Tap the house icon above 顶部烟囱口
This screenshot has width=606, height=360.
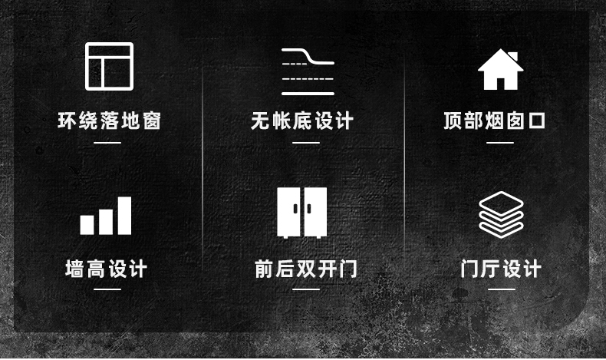[x=500, y=70]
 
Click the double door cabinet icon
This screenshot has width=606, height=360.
[x=301, y=213]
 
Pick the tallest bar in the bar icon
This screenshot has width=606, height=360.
[x=124, y=216]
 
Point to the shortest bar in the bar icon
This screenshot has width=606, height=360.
[x=87, y=225]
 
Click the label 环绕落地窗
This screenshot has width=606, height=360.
[x=110, y=121]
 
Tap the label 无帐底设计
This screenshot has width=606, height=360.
[x=302, y=121]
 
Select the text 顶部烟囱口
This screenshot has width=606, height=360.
[x=494, y=121]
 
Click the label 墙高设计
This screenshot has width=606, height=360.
[x=107, y=269]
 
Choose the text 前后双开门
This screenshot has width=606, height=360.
[x=306, y=269]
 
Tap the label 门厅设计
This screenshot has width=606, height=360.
[x=501, y=269]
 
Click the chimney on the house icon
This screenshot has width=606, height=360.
[x=513, y=57]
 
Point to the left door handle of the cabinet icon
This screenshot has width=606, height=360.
[x=295, y=209]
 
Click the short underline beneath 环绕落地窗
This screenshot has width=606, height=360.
[x=107, y=143]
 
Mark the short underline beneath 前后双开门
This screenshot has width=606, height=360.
[x=306, y=289]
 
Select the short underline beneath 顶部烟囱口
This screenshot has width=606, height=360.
[x=500, y=143]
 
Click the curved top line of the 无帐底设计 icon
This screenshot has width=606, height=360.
[x=308, y=56]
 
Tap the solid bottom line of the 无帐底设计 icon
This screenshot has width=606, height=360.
[x=308, y=94]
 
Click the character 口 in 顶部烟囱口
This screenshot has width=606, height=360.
[x=537, y=121]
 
